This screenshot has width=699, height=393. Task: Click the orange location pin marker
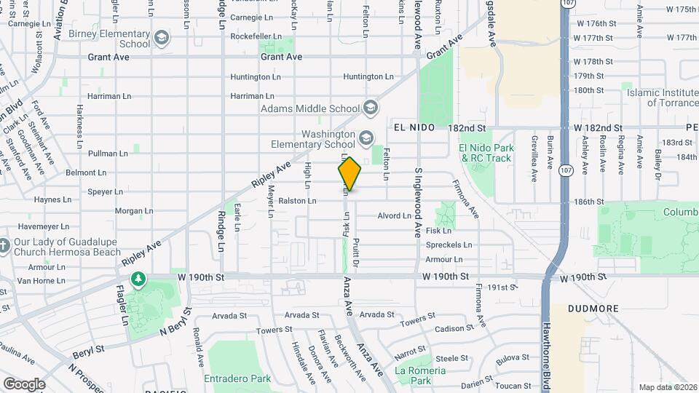350,174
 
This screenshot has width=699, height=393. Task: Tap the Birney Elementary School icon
161,37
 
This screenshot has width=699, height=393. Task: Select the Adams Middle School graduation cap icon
371,109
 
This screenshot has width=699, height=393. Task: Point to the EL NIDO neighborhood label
414,127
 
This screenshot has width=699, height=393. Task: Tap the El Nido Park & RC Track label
486,153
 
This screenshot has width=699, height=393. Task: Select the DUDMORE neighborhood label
595,309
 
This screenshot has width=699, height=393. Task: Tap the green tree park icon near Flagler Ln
138,279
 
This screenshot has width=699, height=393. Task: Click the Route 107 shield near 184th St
565,170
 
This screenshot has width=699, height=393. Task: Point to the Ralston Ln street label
297,201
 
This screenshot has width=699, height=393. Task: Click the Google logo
24,384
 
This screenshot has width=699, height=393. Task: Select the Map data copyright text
668,387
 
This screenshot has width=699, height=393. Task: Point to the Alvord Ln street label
395,215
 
